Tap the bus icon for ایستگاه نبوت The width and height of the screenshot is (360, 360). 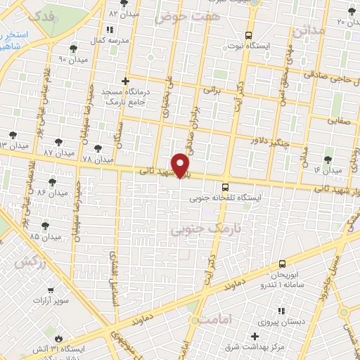pos(247,34)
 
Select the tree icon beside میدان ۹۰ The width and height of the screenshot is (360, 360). pos(74,49)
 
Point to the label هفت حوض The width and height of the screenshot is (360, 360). pos(181,15)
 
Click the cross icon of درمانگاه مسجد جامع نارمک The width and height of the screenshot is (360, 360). pos(126,81)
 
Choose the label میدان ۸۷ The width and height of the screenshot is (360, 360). pos(58,152)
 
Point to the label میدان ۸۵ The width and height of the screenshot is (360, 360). pos(25,236)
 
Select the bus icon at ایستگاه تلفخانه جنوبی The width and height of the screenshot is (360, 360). pos(225,187)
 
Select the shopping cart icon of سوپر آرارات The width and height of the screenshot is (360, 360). pos(51,290)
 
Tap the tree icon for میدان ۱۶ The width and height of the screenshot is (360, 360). pos(328,160)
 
